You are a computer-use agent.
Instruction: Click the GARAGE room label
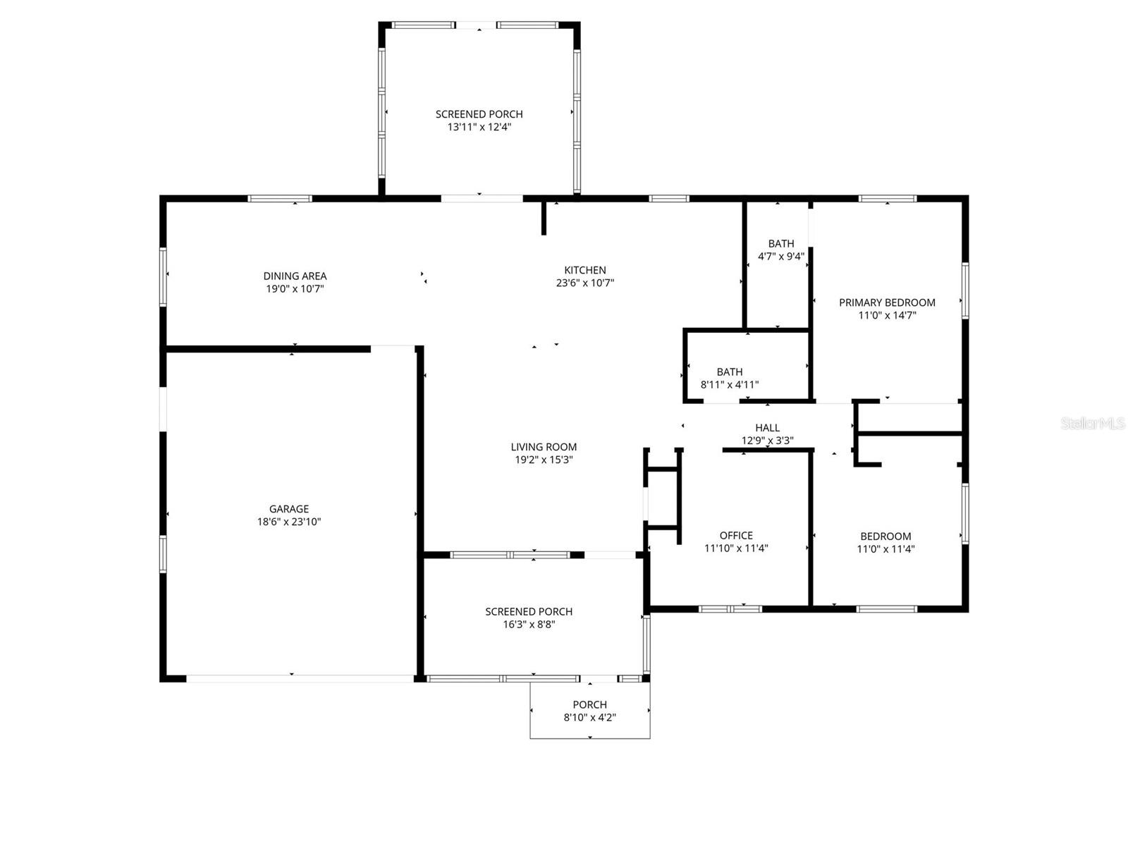pyautogui.click(x=289, y=508)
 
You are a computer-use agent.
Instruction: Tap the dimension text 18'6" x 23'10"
pyautogui.click(x=289, y=522)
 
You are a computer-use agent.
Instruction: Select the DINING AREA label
pyautogui.click(x=295, y=276)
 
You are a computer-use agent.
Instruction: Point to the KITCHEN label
pyautogui.click(x=584, y=270)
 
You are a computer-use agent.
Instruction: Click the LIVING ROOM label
pyautogui.click(x=544, y=446)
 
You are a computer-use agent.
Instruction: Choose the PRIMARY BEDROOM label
pyautogui.click(x=887, y=302)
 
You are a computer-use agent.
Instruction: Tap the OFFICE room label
pyautogui.click(x=736, y=535)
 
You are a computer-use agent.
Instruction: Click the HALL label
pyautogui.click(x=767, y=427)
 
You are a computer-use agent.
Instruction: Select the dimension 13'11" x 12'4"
pyautogui.click(x=479, y=127)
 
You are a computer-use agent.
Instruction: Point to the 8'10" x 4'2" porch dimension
pyautogui.click(x=589, y=718)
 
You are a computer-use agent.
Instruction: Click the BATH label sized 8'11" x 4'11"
pyautogui.click(x=729, y=372)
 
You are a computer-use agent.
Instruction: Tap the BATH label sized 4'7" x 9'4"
pyautogui.click(x=780, y=243)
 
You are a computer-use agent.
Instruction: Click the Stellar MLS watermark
pyautogui.click(x=1092, y=423)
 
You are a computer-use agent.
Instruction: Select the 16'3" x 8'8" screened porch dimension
pyautogui.click(x=529, y=625)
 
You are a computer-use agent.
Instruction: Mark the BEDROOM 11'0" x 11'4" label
pyautogui.click(x=885, y=536)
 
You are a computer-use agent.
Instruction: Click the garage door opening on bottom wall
pyautogui.click(x=300, y=678)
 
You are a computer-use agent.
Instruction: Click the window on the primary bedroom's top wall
pyautogui.click(x=887, y=199)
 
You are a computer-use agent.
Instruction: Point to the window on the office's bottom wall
pyautogui.click(x=730, y=608)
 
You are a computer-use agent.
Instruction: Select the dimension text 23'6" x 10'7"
pyautogui.click(x=584, y=283)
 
